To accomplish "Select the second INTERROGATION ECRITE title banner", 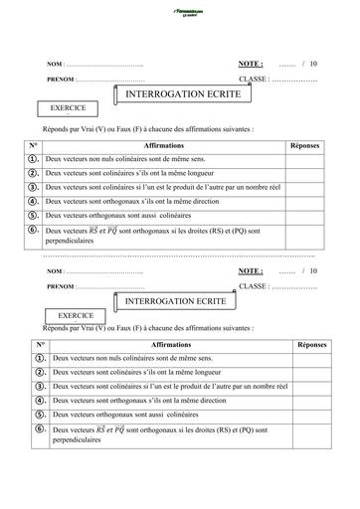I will coord(174,299).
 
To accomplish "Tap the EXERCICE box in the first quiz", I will coord(68,107).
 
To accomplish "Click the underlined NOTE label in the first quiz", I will coord(251,63).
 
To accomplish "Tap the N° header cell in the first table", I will coord(33,145).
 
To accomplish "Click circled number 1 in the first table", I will coord(33,159).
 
